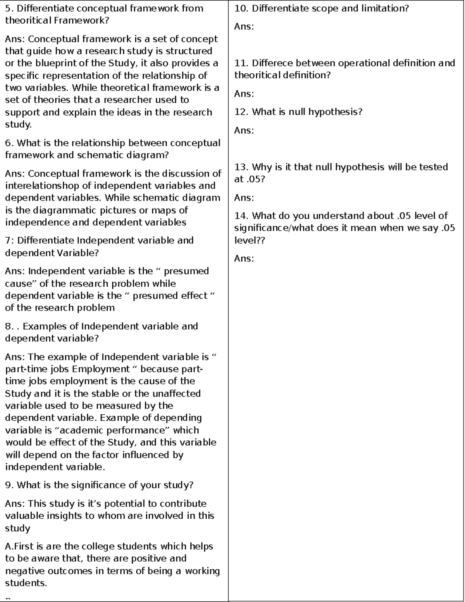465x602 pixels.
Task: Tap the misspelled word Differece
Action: (x=273, y=63)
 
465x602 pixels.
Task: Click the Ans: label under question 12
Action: (x=244, y=131)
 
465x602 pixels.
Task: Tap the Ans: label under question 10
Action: (x=244, y=27)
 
